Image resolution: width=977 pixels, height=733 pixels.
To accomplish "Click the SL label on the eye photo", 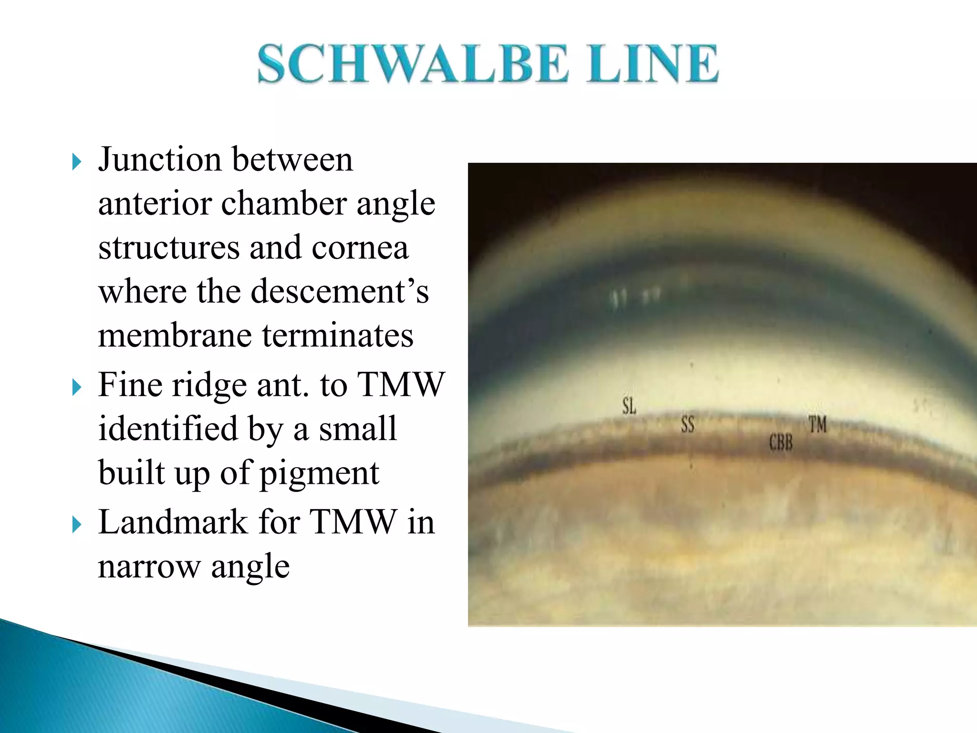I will pyautogui.click(x=629, y=407).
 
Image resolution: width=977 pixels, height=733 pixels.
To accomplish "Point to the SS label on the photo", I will pyautogui.click(x=687, y=424).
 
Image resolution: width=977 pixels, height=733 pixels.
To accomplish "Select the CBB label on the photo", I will pyautogui.click(x=780, y=443).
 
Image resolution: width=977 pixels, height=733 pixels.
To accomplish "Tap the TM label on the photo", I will pyautogui.click(x=817, y=424).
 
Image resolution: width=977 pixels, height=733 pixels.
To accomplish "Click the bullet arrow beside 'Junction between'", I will pyautogui.click(x=76, y=162).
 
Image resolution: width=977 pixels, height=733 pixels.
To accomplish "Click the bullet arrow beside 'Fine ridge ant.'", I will pyautogui.click(x=76, y=387).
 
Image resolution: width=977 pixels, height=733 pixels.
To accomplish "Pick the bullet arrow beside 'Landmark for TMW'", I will pyautogui.click(x=76, y=525).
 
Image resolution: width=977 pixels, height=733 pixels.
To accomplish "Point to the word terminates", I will pyautogui.click(x=338, y=335).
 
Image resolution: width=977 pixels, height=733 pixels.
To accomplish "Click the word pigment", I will pyautogui.click(x=319, y=474).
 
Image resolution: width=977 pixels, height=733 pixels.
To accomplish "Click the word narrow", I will pyautogui.click(x=149, y=567).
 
